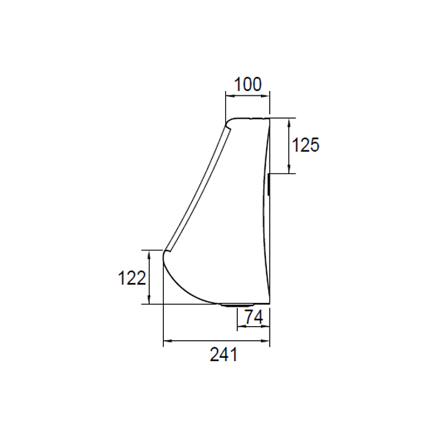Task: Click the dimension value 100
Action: pyautogui.click(x=248, y=84)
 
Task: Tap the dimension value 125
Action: pyautogui.click(x=305, y=145)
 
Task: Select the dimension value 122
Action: pyautogui.click(x=132, y=278)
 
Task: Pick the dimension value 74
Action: pyautogui.click(x=254, y=317)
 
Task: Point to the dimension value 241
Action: pyautogui.click(x=224, y=354)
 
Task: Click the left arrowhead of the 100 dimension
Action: pyautogui.click(x=230, y=96)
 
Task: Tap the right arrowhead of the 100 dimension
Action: pyautogui.click(x=265, y=96)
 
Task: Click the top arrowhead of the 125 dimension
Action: pyautogui.click(x=289, y=122)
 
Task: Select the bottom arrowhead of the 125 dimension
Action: pyautogui.click(x=289, y=169)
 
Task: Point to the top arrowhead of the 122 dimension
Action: pyautogui.click(x=150, y=254)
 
